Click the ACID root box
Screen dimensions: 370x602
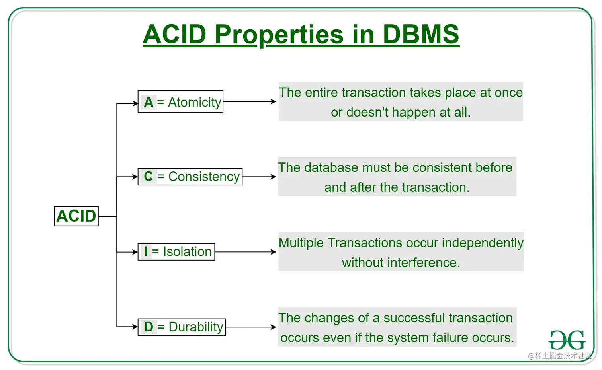(76, 216)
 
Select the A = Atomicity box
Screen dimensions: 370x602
(180, 102)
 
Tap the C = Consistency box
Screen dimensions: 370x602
(190, 176)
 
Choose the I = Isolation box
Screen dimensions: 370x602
(176, 252)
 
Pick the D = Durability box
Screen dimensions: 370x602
(182, 327)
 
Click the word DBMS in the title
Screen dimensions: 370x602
(420, 34)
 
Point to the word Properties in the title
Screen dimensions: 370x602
(279, 35)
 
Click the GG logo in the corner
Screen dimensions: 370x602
(567, 340)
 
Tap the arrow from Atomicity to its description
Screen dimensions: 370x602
(250, 102)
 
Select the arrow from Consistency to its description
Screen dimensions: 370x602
(259, 177)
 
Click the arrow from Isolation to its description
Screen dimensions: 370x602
(245, 252)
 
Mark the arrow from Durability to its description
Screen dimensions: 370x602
(251, 327)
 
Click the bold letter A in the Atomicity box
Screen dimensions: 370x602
(149, 102)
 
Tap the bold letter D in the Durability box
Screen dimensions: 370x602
(149, 327)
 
